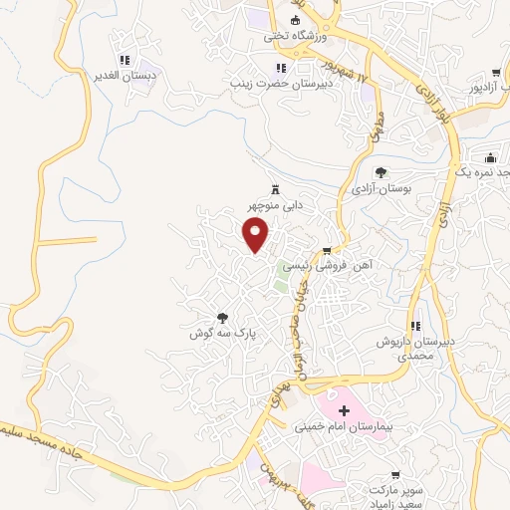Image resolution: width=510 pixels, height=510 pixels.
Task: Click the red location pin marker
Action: (x=257, y=235)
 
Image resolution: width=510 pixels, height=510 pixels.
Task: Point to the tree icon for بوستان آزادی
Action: (x=381, y=172)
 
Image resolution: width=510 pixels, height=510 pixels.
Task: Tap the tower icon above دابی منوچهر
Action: (x=275, y=190)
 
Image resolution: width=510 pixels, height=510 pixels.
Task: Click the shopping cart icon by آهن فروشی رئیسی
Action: (x=326, y=251)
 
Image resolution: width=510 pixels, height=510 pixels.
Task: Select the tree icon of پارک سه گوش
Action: (x=221, y=319)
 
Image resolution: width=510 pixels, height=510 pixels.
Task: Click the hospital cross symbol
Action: (x=345, y=410)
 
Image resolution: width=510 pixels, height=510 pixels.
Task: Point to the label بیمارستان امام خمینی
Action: (x=345, y=426)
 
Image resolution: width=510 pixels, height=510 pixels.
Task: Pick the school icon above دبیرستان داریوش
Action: (x=415, y=326)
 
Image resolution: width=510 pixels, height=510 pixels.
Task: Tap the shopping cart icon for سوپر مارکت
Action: (x=395, y=475)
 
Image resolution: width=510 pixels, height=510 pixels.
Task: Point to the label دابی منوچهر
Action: (x=276, y=205)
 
